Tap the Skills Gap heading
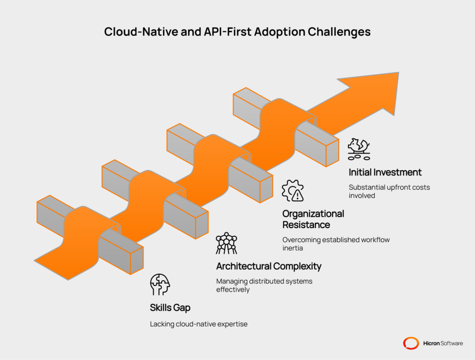tap(170, 308)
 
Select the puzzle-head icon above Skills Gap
tap(160, 285)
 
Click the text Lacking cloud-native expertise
tap(199, 324)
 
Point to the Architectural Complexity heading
tap(269, 266)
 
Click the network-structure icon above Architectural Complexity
tap(226, 243)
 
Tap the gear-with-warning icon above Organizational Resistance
tap(293, 191)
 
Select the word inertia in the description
tap(293, 248)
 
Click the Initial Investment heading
tap(385, 173)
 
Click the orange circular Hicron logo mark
tap(411, 343)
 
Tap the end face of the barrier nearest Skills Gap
tap(137, 261)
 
